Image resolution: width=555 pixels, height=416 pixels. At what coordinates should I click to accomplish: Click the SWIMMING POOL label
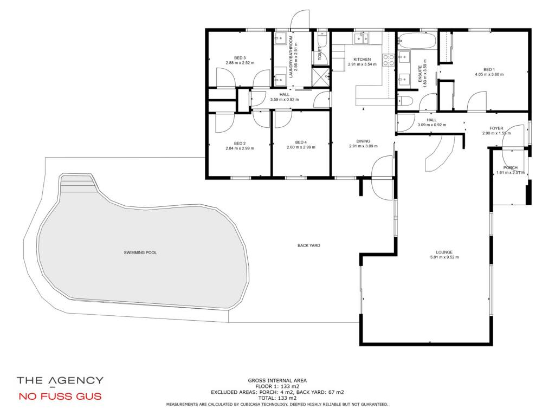pyautogui.click(x=140, y=252)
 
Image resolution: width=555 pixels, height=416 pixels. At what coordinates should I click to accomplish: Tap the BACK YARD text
pyautogui.click(x=308, y=245)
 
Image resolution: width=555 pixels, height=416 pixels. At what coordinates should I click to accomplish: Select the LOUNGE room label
pyautogui.click(x=444, y=252)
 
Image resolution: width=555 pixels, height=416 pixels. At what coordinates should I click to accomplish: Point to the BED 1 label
pyautogui.click(x=489, y=70)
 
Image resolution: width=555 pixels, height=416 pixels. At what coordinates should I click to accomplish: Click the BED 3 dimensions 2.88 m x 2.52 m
pyautogui.click(x=240, y=63)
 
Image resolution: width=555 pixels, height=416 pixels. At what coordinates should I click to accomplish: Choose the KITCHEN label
pyautogui.click(x=362, y=60)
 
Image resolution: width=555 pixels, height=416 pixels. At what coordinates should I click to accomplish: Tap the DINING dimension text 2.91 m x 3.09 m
pyautogui.click(x=363, y=146)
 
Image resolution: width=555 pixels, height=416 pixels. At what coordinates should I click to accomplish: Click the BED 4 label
pyautogui.click(x=301, y=142)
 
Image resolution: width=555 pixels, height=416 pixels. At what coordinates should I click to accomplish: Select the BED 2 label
pyautogui.click(x=240, y=143)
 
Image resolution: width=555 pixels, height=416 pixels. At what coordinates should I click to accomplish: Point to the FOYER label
pyautogui.click(x=496, y=128)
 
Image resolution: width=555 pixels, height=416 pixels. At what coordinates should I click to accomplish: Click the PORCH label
pyautogui.click(x=510, y=168)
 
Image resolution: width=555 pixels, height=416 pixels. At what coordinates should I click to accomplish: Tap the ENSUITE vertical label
pyautogui.click(x=421, y=74)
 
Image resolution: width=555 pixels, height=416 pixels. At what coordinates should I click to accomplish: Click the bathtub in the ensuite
pyautogui.click(x=417, y=41)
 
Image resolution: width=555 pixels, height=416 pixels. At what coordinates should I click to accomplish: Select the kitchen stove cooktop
pyautogui.click(x=388, y=60)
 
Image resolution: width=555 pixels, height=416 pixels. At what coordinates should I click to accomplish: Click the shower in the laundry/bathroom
pyautogui.click(x=321, y=76)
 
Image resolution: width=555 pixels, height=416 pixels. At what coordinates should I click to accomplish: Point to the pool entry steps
pyautogui.click(x=79, y=183)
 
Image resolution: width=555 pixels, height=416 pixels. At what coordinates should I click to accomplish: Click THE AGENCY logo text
pyautogui.click(x=60, y=380)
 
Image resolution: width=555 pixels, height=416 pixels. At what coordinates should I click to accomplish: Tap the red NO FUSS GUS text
pyautogui.click(x=60, y=396)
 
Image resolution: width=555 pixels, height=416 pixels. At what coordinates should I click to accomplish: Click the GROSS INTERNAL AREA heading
pyautogui.click(x=277, y=381)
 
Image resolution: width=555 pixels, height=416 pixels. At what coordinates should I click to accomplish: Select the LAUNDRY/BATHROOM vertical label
pyautogui.click(x=291, y=56)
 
